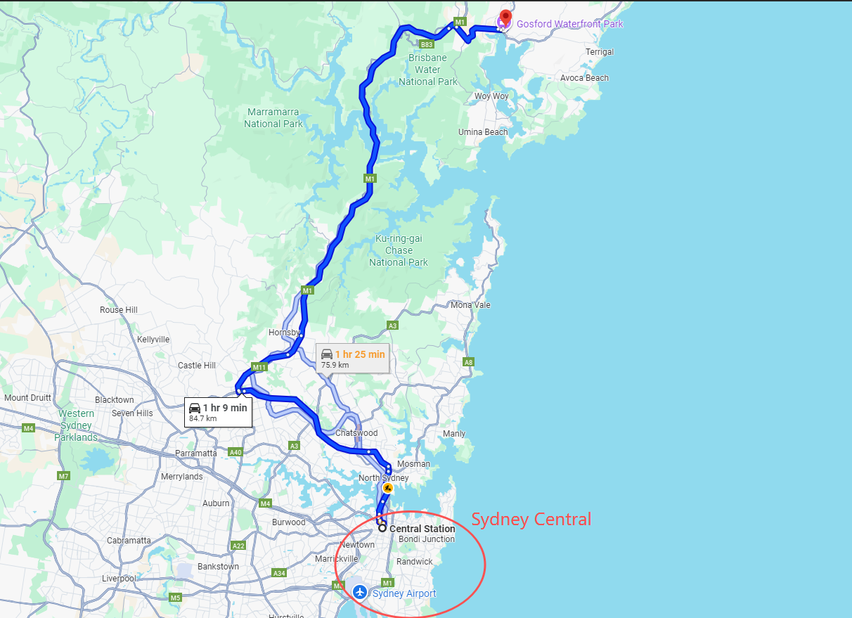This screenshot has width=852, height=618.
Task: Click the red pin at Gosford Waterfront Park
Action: (x=505, y=17)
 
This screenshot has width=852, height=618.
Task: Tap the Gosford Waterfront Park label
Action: (x=569, y=24)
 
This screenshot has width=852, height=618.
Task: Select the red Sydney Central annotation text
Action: (x=531, y=520)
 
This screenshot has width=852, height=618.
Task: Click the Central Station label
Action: (x=422, y=529)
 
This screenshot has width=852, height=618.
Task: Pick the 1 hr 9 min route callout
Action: (x=218, y=412)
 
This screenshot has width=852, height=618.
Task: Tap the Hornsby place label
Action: (x=285, y=333)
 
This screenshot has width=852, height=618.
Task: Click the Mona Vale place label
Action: (x=470, y=305)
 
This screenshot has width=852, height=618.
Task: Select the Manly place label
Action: (x=454, y=434)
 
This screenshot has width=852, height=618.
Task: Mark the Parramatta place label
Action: (x=196, y=453)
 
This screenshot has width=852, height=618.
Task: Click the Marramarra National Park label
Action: (x=273, y=118)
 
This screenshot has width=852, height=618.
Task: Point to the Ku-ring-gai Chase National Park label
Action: (x=398, y=250)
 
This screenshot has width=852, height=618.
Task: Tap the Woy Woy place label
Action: (x=491, y=96)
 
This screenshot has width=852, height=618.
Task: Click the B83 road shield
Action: (x=426, y=44)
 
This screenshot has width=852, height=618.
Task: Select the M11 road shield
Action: (x=259, y=367)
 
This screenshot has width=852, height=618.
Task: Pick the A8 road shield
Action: (x=469, y=362)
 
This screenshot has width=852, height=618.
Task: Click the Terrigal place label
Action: (x=599, y=52)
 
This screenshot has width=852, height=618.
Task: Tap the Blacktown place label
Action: (x=114, y=400)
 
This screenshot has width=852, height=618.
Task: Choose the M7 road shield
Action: (x=64, y=476)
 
